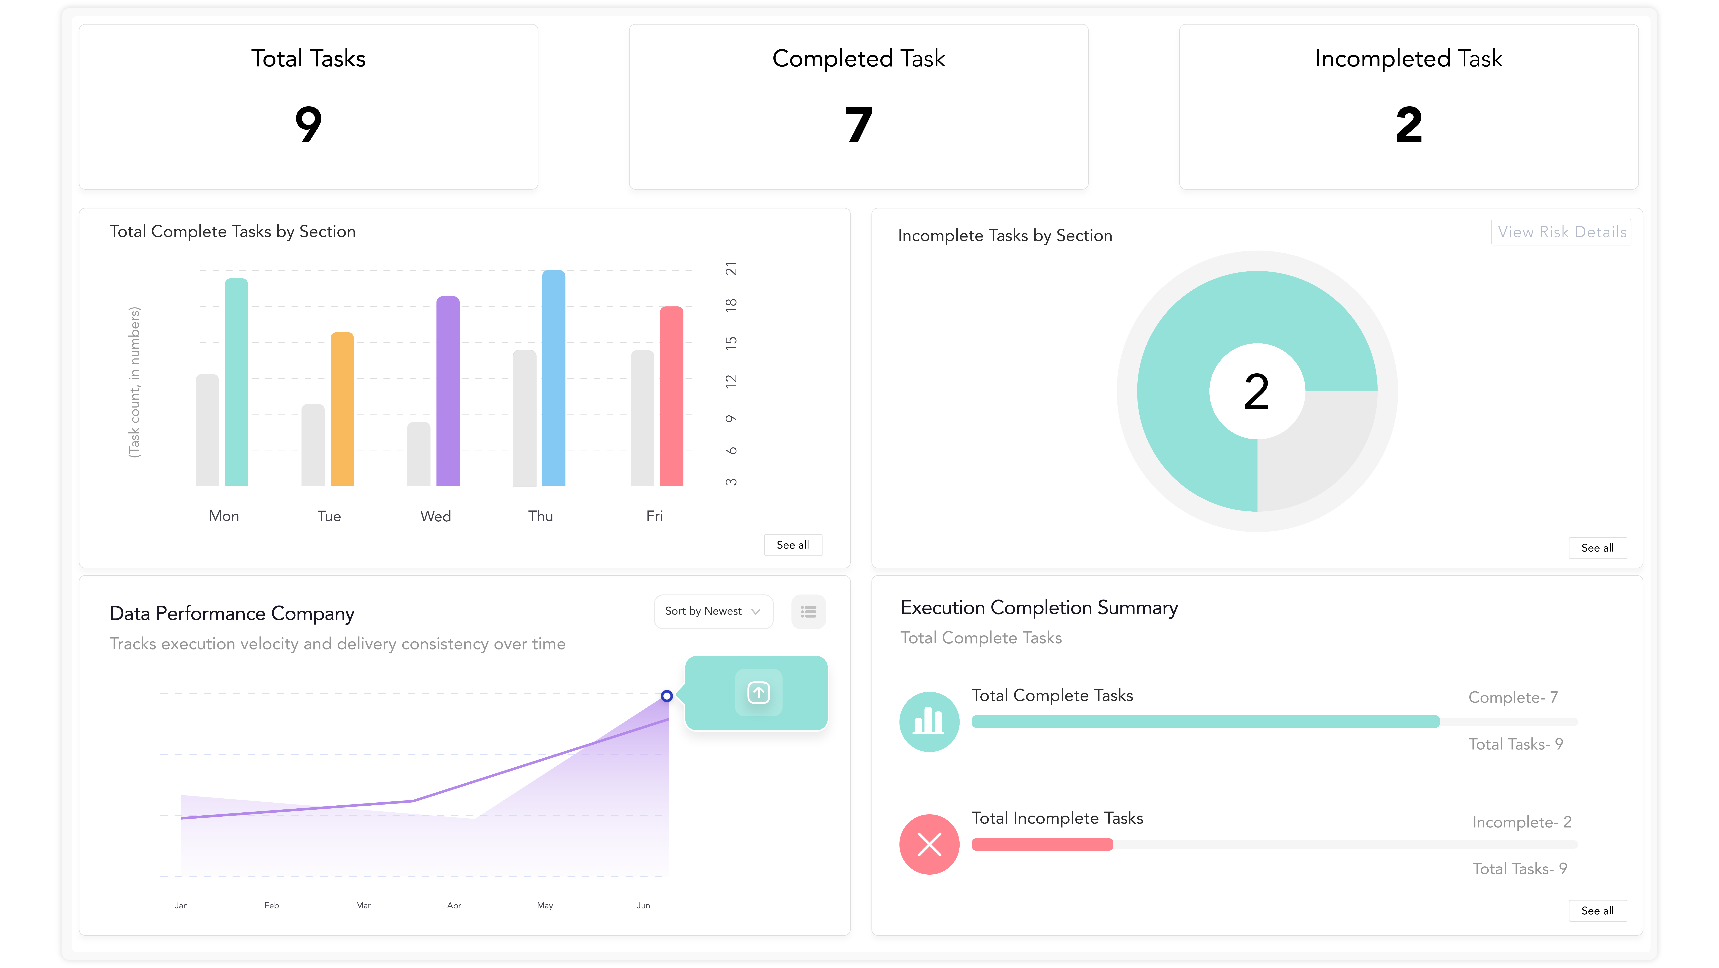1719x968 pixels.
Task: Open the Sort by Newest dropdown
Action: pos(713,611)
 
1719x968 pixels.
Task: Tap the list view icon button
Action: pos(808,611)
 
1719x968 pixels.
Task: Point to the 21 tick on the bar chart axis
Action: pos(731,269)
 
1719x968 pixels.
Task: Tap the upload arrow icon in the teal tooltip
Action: pos(758,692)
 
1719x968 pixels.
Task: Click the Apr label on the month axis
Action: pos(454,905)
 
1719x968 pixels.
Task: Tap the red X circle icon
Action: pos(929,844)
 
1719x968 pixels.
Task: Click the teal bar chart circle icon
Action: pos(929,722)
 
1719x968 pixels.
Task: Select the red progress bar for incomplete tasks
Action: pos(1042,844)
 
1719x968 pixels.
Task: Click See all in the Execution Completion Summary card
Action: pos(1597,911)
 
